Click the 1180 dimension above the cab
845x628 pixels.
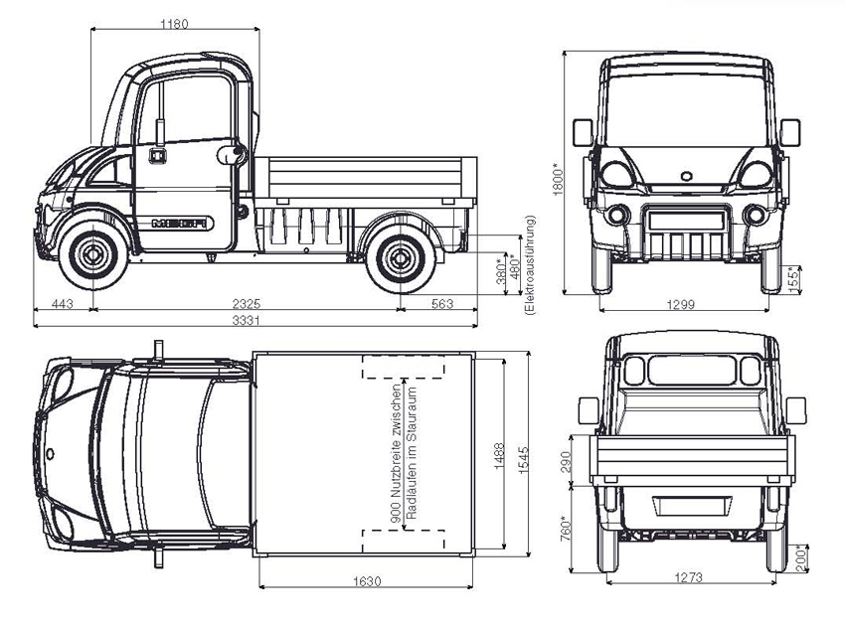174,23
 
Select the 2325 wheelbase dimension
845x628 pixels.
249,303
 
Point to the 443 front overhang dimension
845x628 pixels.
63,303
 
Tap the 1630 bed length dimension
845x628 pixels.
366,582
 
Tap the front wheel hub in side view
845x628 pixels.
94,255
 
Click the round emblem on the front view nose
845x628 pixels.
685,176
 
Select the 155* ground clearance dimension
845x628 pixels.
791,279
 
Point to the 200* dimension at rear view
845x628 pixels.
802,556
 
